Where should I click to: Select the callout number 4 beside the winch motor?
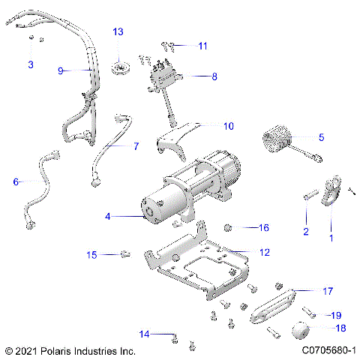pyautogui.click(x=108, y=216)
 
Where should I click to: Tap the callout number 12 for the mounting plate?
pyautogui.click(x=264, y=253)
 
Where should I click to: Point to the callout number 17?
pyautogui.click(x=327, y=290)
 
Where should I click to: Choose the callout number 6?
pyautogui.click(x=16, y=181)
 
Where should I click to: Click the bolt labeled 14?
pyautogui.click(x=175, y=339)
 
